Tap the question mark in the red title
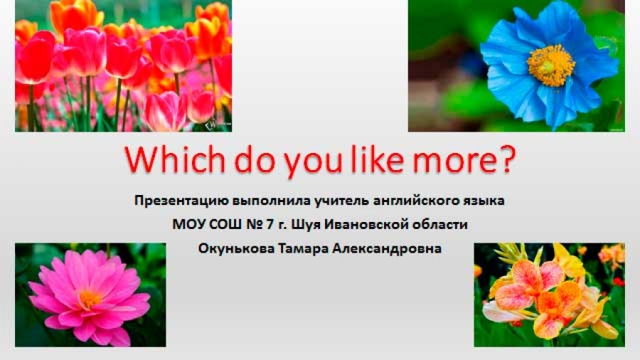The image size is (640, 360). click(506, 159)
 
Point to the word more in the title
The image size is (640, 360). click(454, 162)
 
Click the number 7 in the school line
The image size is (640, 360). click(270, 224)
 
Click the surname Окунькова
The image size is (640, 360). click(236, 248)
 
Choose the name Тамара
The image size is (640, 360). click(304, 248)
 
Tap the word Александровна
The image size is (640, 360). click(387, 248)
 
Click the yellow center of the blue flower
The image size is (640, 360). click(550, 65)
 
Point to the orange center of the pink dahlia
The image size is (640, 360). click(90, 299)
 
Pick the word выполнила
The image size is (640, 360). click(271, 201)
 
